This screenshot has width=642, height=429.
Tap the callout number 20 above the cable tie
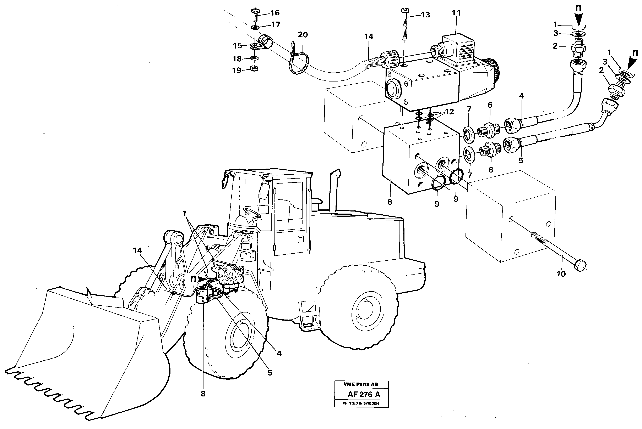(x=303, y=35)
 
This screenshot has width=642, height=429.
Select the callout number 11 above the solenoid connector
(x=456, y=13)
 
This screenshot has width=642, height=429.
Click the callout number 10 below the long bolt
(x=561, y=274)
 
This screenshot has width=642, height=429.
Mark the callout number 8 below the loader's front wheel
(x=203, y=394)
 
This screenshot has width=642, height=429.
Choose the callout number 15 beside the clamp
(x=238, y=46)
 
